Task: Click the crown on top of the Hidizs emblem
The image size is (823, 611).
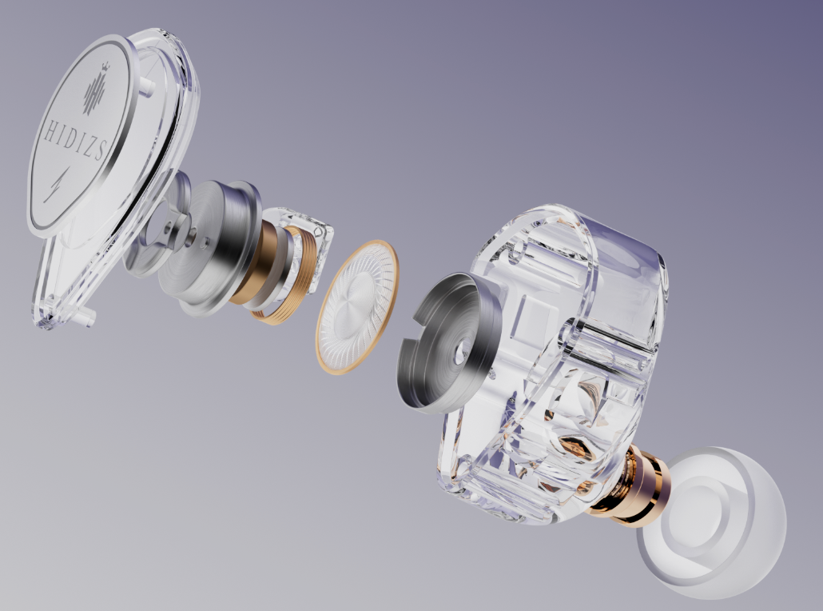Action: [105, 68]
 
